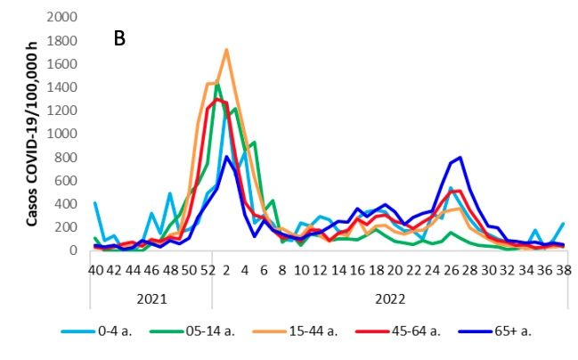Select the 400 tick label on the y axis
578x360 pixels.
(67, 204)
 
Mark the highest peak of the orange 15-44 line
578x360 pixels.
(226, 50)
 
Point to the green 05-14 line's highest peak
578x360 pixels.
(217, 85)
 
